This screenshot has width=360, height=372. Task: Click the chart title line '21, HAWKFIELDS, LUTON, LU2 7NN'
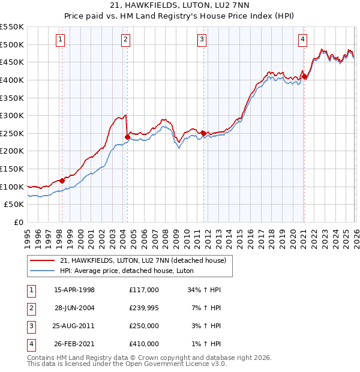pos(179,5)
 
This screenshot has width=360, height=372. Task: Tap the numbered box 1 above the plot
pos(61,40)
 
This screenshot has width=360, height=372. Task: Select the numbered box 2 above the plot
pos(125,40)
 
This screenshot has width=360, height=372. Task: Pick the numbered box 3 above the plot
pos(202,40)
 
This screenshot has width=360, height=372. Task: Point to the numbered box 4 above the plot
pos(302,40)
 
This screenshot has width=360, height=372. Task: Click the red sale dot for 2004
pos(127,137)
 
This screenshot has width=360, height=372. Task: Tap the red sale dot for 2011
pos(203,133)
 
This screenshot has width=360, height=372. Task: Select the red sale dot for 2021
pos(304,76)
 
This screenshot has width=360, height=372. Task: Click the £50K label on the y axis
pos(14,205)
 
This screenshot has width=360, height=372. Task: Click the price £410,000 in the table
pos(144,344)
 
